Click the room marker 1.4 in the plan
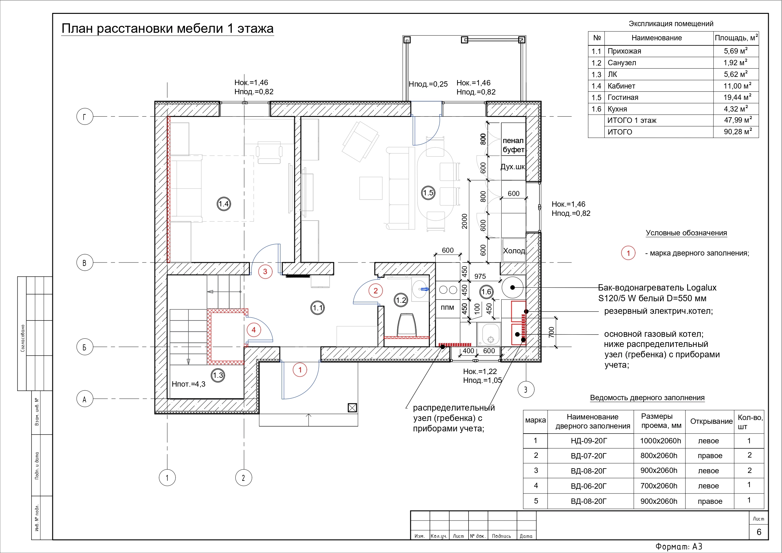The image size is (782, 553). tap(224, 204)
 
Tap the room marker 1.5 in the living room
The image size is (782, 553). tap(428, 193)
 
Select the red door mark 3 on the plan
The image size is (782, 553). tap(265, 272)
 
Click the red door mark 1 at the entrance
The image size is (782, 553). tap(300, 370)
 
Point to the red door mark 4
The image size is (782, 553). tap(254, 330)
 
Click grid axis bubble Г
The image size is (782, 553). tap(85, 117)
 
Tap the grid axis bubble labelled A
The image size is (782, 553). tap(85, 399)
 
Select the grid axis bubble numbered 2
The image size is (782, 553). tap(244, 478)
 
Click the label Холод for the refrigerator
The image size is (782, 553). tap(514, 251)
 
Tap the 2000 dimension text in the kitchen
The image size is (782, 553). tap(464, 221)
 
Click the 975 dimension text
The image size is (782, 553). tap(480, 276)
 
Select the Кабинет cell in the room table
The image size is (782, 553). tap(621, 86)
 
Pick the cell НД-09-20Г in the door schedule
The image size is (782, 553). tap(589, 441)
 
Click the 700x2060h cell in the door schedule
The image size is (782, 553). tap(659, 486)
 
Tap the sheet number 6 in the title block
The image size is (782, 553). tap(759, 532)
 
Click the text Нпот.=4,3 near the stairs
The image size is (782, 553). tap(188, 384)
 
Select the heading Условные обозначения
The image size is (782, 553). tap(686, 233)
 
